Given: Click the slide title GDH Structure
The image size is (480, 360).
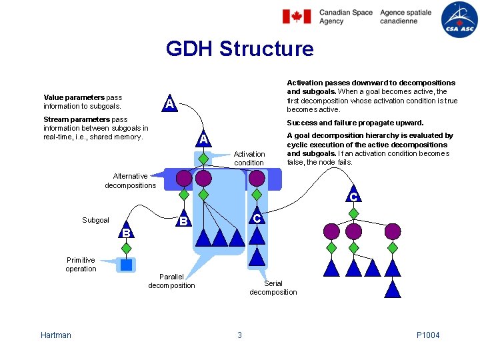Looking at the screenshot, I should pyautogui.click(x=239, y=49).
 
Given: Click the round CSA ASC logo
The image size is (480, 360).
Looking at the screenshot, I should pyautogui.click(x=459, y=18).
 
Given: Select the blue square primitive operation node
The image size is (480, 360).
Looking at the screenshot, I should pyautogui.click(x=126, y=265).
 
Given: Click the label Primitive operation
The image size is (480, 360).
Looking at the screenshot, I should pyautogui.click(x=81, y=265).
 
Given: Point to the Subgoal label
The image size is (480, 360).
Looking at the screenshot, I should pyautogui.click(x=95, y=220).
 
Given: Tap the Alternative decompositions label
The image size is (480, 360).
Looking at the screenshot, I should pyautogui.click(x=131, y=181).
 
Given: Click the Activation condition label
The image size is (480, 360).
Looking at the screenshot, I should pyautogui.click(x=249, y=158).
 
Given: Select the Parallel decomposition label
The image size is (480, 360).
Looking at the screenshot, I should pyautogui.click(x=171, y=281).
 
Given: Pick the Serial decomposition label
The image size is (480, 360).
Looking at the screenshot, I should pyautogui.click(x=273, y=287).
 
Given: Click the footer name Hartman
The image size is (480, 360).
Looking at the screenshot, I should pyautogui.click(x=55, y=335).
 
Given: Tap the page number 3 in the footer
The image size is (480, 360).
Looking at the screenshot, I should pyautogui.click(x=239, y=335).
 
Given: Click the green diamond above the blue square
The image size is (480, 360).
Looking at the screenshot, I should pyautogui.click(x=126, y=247).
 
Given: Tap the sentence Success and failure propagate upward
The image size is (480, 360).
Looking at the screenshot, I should pyautogui.click(x=355, y=123).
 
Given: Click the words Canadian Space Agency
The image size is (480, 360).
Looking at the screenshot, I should pyautogui.click(x=345, y=17).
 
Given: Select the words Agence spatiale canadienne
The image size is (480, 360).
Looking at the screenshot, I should pyautogui.click(x=405, y=17).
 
